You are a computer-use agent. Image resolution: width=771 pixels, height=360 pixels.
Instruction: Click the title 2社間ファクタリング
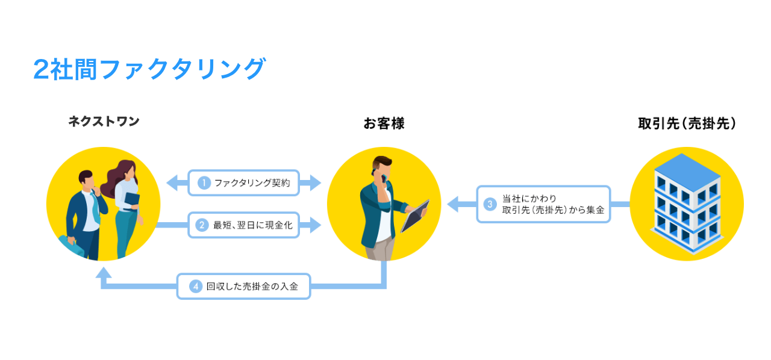149,69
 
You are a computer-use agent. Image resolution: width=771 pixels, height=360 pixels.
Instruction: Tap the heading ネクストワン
104,122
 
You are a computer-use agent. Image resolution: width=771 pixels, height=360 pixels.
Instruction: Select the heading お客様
384,124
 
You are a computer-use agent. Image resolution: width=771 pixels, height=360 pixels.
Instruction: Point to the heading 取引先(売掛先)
687,123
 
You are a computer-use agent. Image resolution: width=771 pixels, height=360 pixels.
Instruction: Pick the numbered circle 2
203,226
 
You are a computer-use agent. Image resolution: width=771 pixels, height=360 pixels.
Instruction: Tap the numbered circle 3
490,204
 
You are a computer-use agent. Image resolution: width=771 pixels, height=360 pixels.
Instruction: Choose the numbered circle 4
195,287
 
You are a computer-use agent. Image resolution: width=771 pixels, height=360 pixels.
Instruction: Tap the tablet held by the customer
415,216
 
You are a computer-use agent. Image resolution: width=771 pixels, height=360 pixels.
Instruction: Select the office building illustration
687,203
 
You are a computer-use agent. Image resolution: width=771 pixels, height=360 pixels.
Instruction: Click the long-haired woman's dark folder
132,199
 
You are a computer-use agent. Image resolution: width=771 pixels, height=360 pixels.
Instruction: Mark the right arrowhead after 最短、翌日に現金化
314,226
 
